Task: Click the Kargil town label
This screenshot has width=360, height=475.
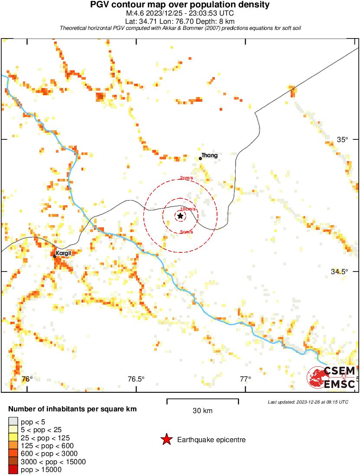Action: pos(63,253)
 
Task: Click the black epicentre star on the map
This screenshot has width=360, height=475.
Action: pos(180,216)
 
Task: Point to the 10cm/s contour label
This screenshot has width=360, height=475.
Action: pos(188,209)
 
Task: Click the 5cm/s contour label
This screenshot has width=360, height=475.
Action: pos(186,232)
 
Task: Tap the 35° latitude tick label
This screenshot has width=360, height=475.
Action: pos(343,139)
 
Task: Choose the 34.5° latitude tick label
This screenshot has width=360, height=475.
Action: pos(340,271)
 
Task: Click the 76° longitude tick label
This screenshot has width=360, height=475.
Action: pos(27,379)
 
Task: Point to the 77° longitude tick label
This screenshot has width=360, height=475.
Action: pos(245,379)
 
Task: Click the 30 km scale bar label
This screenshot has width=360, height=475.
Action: pos(203,411)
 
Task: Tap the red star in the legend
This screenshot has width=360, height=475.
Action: pos(166,440)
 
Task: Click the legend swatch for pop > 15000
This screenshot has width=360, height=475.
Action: pos(13,470)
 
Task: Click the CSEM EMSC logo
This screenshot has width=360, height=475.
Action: pos(331,377)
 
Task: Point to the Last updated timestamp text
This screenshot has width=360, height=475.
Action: pos(308,402)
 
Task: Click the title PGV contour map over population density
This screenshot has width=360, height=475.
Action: pos(180,5)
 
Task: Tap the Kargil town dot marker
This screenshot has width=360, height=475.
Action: pos(55,256)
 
